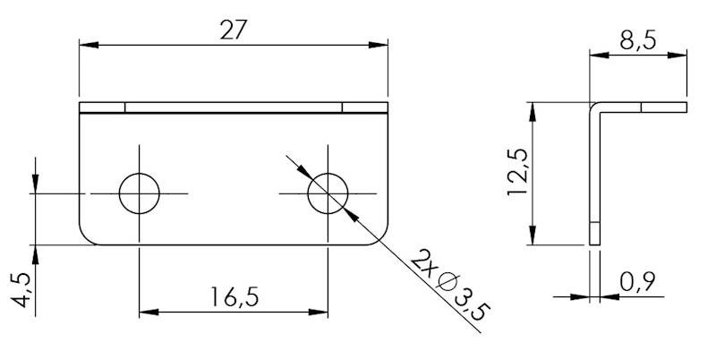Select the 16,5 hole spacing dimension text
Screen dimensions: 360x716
tap(233, 296)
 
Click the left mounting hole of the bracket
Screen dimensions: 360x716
tap(140, 193)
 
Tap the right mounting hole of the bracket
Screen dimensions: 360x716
tap(328, 193)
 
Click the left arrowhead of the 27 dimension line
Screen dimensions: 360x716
tap(85, 44)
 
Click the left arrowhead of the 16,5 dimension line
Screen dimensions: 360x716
tap(146, 313)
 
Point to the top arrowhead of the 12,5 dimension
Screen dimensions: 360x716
tap(533, 108)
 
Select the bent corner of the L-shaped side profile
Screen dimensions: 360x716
tap(594, 107)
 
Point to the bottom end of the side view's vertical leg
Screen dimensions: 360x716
tap(593, 240)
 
